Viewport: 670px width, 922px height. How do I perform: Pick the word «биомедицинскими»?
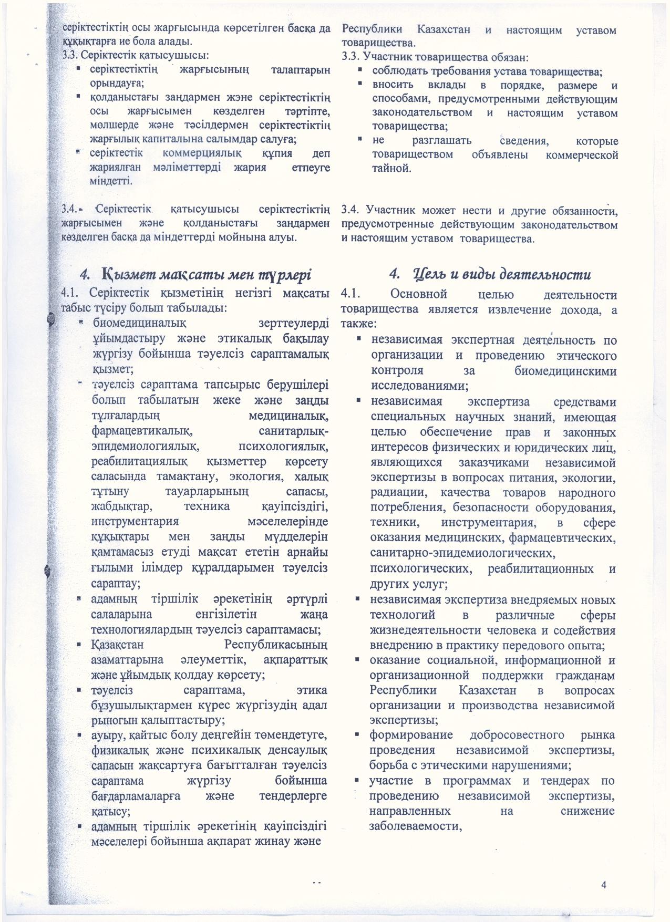(x=564, y=370)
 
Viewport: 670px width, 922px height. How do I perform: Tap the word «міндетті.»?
(x=111, y=181)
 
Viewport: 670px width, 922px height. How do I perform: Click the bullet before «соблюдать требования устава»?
(x=361, y=70)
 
